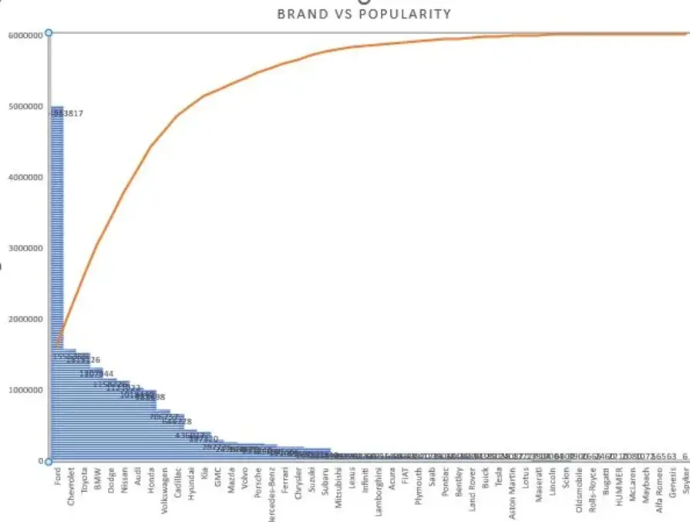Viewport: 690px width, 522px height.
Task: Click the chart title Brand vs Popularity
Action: (364, 14)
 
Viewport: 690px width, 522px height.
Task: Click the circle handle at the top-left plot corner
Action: (49, 32)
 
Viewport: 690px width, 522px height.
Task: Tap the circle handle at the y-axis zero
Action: (49, 461)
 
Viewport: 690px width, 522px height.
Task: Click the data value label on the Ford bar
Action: (67, 113)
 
